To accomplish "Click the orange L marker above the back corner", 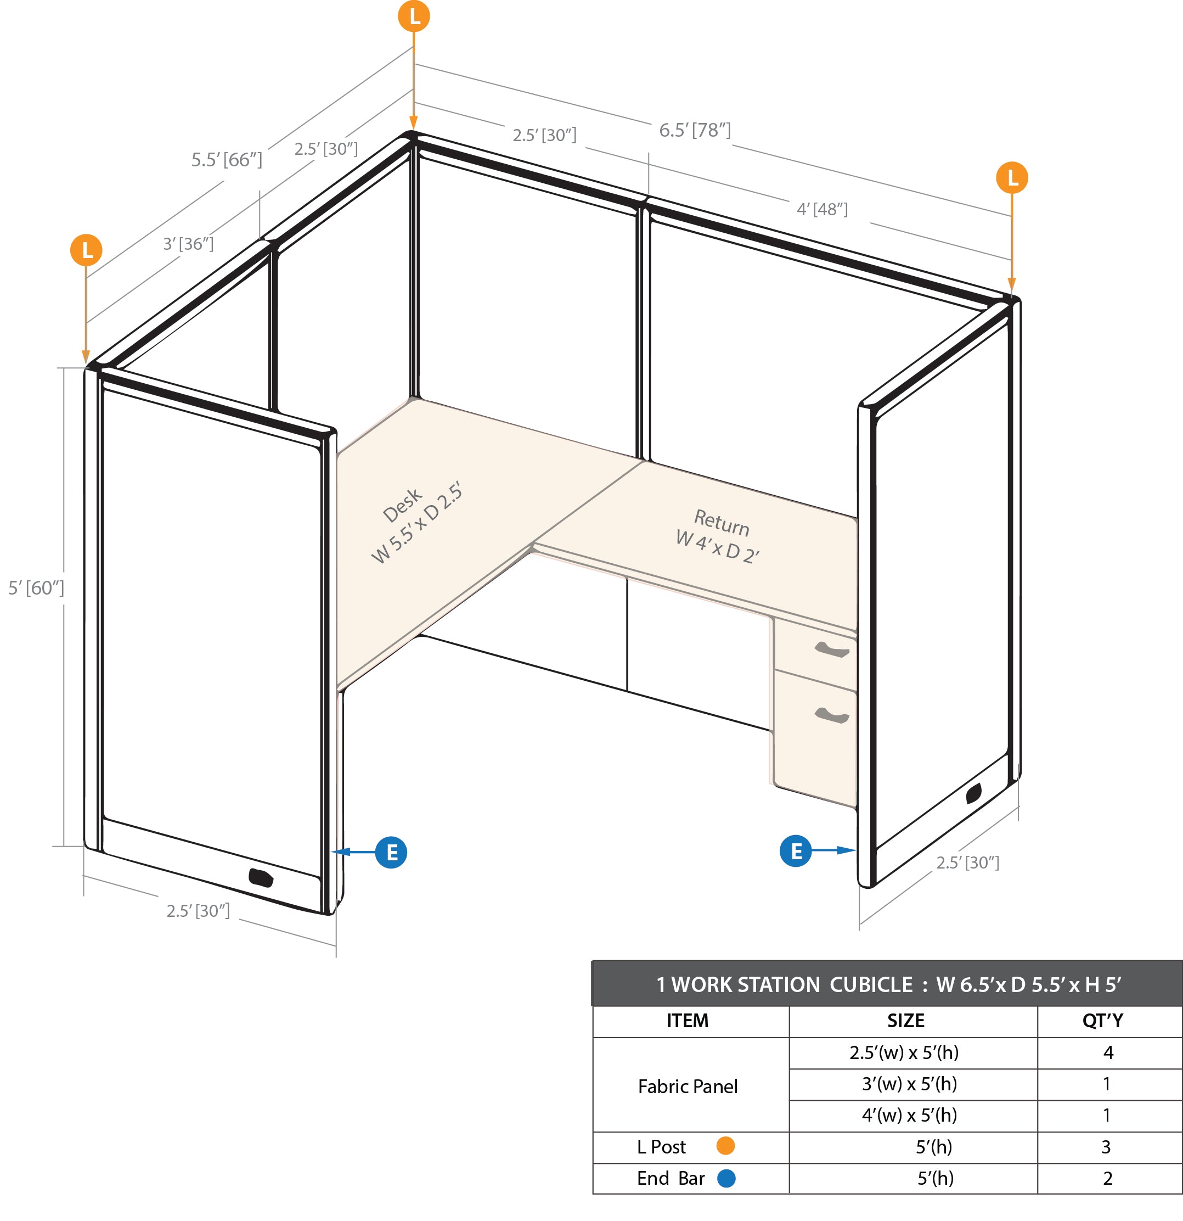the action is [x=414, y=16].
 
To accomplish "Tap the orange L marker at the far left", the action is [x=87, y=250].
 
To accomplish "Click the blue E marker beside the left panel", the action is [x=391, y=852].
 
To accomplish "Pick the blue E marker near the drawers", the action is [x=796, y=851].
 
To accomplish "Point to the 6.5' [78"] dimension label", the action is [x=695, y=130].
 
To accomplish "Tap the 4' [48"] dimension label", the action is [x=822, y=209].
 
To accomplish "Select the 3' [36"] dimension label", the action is [x=188, y=244].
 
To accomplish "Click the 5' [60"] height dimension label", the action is [x=36, y=587].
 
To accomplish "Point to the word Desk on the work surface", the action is [x=402, y=505].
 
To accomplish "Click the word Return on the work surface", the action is [x=722, y=523].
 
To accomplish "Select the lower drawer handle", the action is [x=832, y=716].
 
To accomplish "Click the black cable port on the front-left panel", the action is [x=261, y=877].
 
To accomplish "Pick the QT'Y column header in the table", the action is [x=1103, y=1021].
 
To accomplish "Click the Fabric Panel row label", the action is [x=688, y=1086].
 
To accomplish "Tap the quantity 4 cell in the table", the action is [x=1108, y=1052].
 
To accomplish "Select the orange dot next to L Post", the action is [x=725, y=1146].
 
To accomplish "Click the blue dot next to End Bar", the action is [x=726, y=1178].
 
